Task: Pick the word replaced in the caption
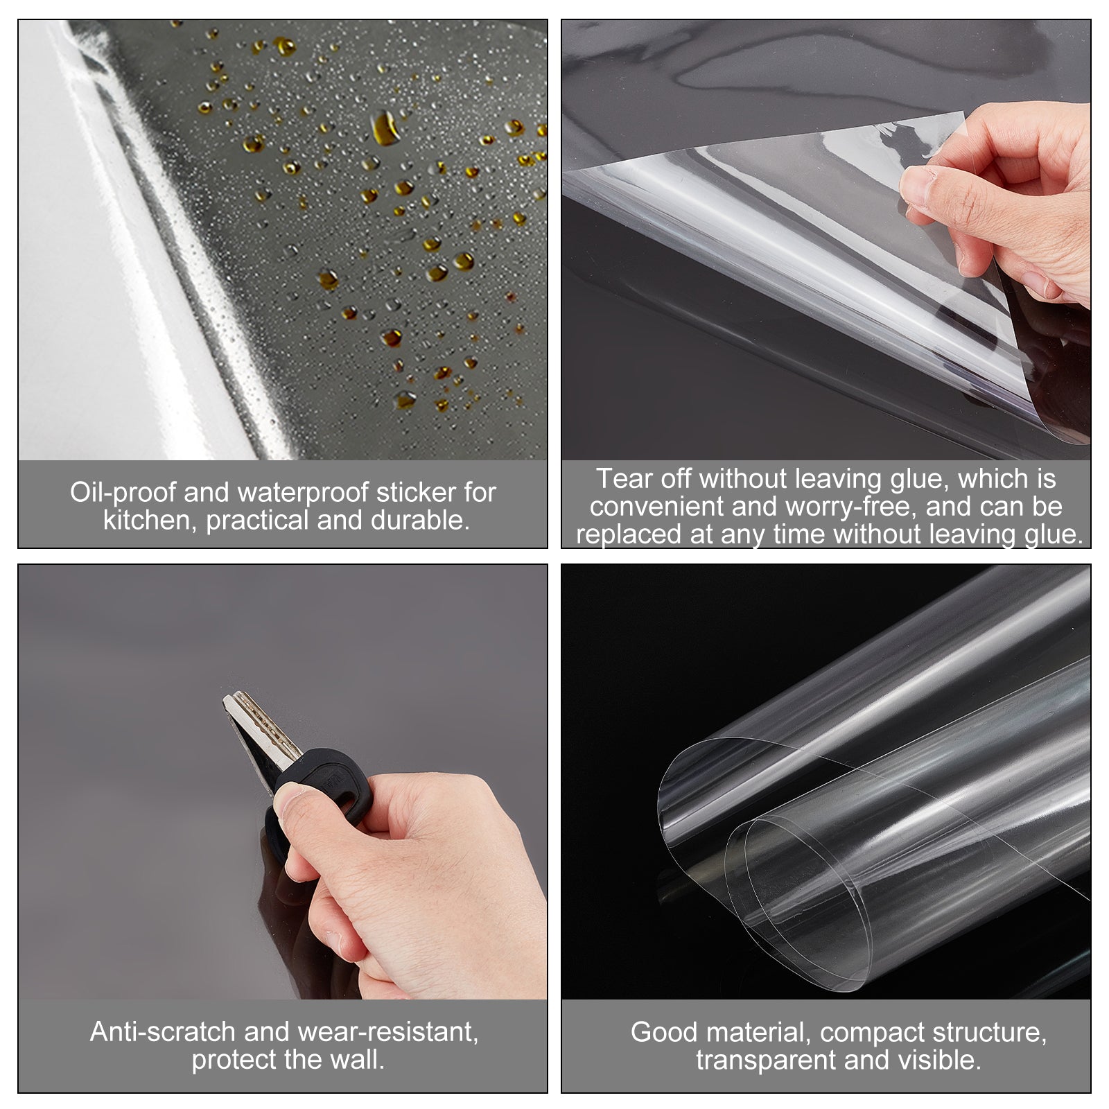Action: (x=629, y=534)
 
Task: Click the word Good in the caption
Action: (x=661, y=1032)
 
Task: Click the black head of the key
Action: (x=326, y=790)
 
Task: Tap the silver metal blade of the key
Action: (x=260, y=735)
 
